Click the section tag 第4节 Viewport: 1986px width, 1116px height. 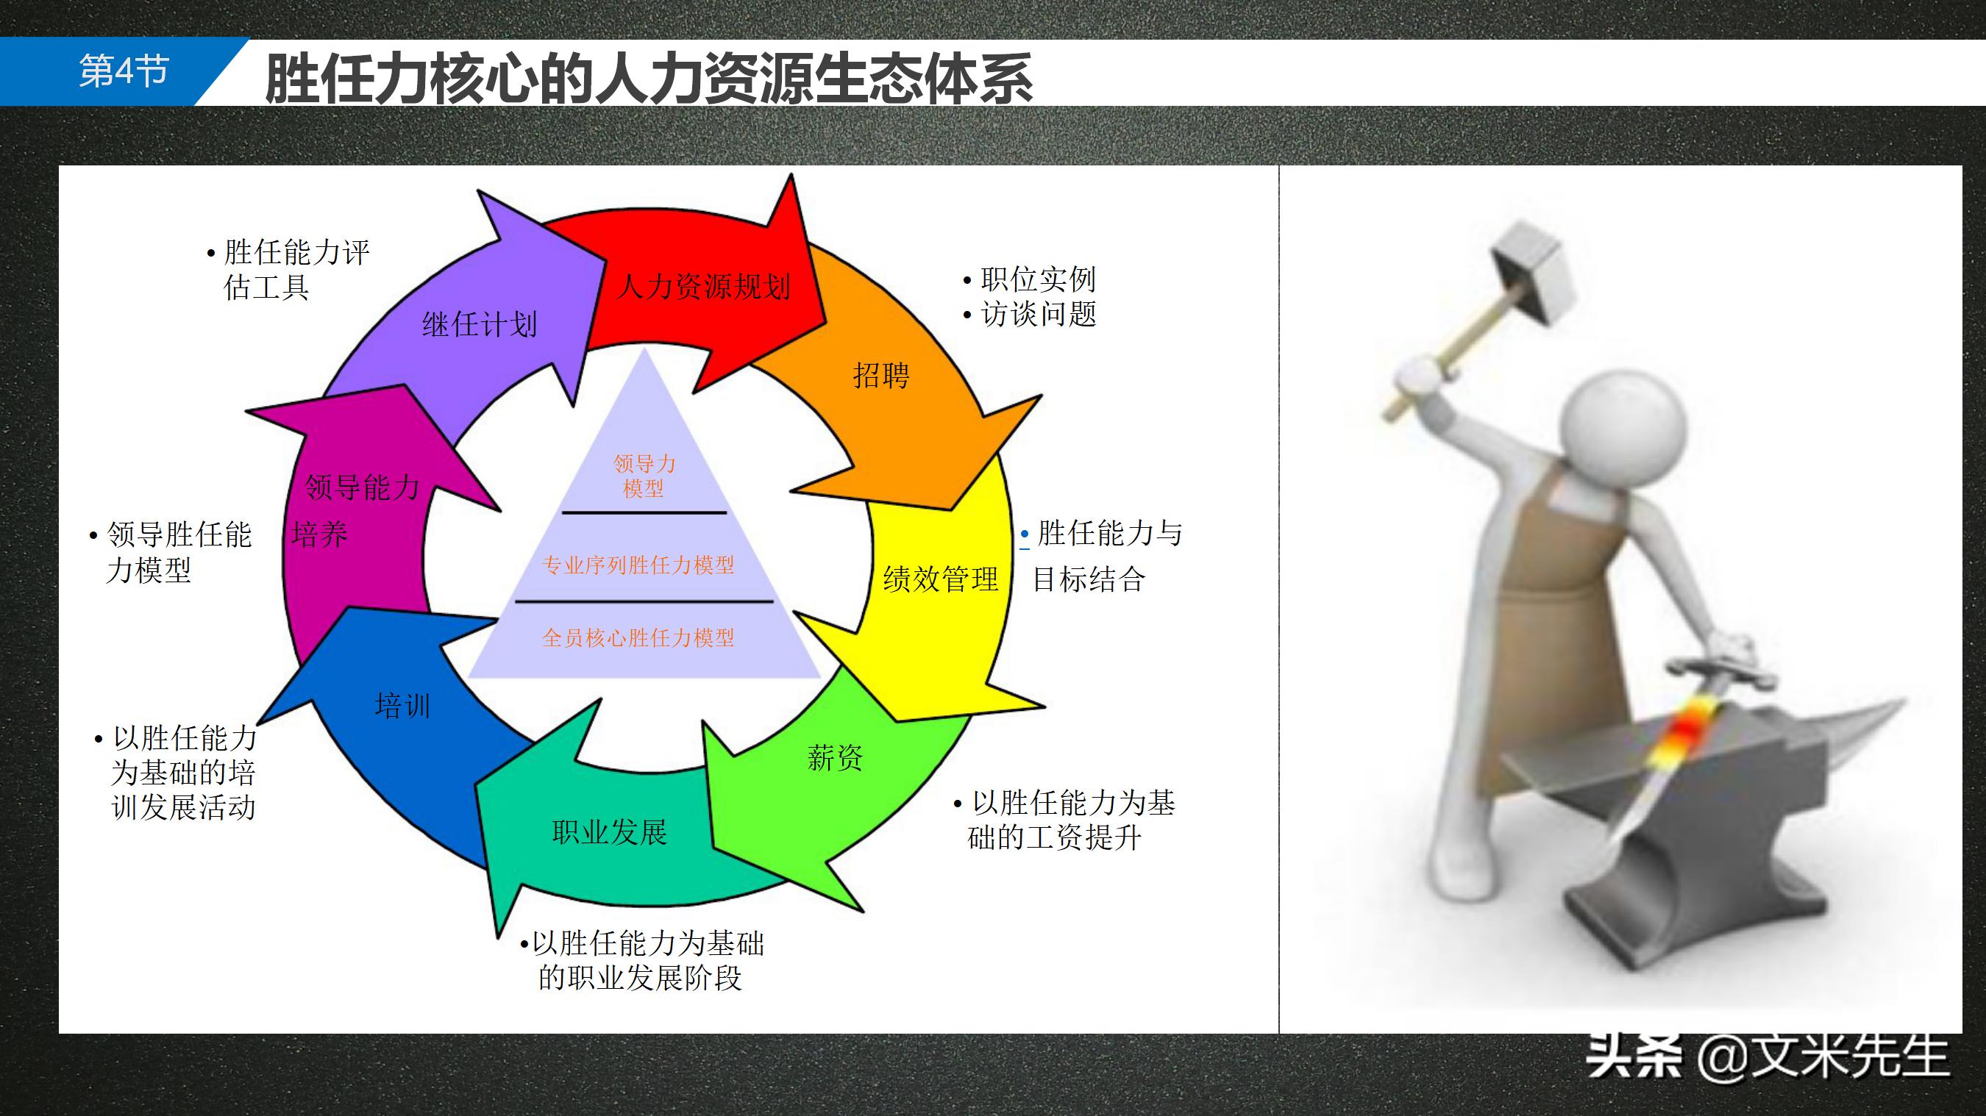pos(124,71)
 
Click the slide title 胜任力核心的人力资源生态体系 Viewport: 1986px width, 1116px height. pos(647,78)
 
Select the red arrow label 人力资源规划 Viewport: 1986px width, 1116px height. pos(703,287)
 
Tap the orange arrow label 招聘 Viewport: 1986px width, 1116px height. pos(881,376)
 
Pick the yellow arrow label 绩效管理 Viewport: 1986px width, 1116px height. pos(941,579)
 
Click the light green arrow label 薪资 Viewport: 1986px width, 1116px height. pos(835,758)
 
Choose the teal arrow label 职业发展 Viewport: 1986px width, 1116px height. pos(610,832)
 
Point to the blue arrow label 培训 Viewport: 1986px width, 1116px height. pos(402,706)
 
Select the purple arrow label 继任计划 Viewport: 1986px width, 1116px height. pos(480,324)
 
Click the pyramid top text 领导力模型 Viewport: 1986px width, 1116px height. pos(644,476)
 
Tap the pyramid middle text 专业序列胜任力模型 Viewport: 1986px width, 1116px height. pos(638,565)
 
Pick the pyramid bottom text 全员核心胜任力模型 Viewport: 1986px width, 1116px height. pos(638,637)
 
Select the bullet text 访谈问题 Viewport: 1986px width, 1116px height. pos(1038,314)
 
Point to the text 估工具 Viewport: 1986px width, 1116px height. pos(267,287)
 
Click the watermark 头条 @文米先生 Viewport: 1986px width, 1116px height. pos(1765,1056)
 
